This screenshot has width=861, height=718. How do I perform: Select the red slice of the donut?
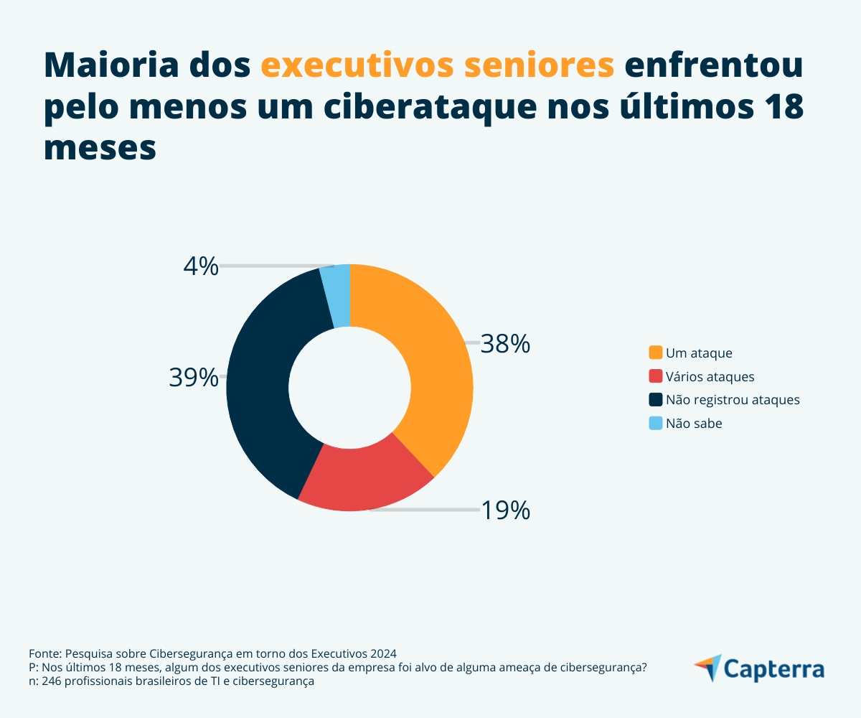point(366,477)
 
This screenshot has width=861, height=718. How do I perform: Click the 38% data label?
point(505,345)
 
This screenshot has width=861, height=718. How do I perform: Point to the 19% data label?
point(505,510)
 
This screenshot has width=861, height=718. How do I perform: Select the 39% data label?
point(194,377)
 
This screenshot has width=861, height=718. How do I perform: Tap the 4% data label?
point(200,266)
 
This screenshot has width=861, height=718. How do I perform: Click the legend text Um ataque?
point(699,353)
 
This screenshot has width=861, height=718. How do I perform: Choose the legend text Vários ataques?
point(710,376)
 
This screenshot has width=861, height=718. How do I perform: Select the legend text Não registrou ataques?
point(733,400)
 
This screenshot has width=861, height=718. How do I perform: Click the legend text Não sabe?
point(694,424)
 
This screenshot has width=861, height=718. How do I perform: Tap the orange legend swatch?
point(655,353)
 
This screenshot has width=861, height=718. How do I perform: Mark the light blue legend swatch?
point(655,424)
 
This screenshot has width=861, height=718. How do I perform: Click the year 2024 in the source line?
point(383,653)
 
